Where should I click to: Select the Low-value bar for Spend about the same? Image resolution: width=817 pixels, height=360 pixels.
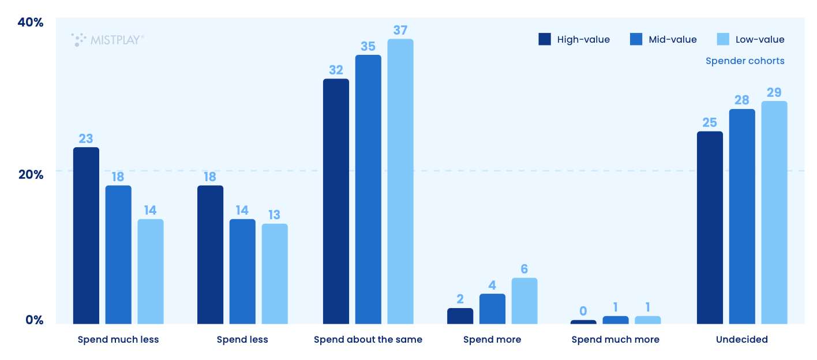pos(400,181)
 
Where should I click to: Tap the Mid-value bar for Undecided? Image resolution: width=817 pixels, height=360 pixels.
pos(742,216)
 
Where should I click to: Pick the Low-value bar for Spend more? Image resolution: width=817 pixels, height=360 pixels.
pos(524,301)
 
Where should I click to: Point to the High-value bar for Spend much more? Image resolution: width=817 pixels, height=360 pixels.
pos(583,322)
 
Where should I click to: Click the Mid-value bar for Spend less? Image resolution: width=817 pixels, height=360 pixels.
pos(242,271)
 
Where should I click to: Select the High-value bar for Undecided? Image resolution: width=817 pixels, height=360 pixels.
pos(710,227)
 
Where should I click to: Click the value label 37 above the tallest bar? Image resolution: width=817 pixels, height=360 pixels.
pos(400,29)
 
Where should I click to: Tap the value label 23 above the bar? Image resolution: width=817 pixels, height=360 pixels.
pos(86,138)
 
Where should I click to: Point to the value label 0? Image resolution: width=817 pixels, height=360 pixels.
pos(583,312)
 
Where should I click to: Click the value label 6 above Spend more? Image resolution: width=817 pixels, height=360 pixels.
pos(524,269)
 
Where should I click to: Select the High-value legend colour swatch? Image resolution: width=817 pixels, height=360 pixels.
pos(545,39)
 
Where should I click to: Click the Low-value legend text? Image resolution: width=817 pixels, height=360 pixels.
pos(759,39)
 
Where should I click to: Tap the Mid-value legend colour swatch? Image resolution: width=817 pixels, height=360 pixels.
pos(636,39)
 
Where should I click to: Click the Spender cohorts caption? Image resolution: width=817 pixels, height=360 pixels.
pos(745,61)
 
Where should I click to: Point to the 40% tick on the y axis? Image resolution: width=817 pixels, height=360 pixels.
pos(31,22)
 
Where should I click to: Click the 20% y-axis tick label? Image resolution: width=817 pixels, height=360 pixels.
pos(31,174)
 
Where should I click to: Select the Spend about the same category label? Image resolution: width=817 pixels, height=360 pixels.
pos(368,339)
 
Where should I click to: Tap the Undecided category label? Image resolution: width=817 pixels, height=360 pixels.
pos(742,339)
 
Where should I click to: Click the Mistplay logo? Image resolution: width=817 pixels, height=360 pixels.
pos(108,39)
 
